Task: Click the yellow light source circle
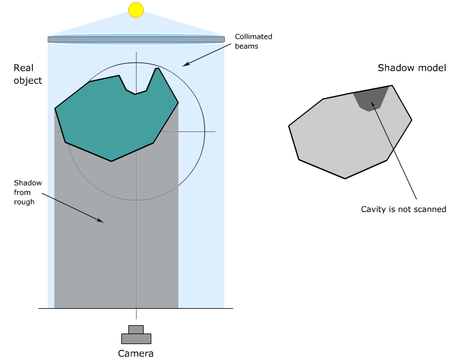(136, 9)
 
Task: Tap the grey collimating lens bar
(136, 39)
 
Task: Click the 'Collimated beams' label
(253, 41)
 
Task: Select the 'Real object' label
(28, 75)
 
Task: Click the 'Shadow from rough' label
(28, 192)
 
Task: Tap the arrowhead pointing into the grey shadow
(101, 221)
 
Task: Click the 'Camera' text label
(136, 354)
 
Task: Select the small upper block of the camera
(136, 329)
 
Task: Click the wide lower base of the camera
(136, 339)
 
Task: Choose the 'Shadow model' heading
(412, 68)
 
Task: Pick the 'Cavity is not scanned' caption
(403, 209)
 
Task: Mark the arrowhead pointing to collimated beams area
(184, 64)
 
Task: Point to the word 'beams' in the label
(247, 46)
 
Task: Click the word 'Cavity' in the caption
(373, 209)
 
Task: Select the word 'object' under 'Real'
(28, 80)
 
